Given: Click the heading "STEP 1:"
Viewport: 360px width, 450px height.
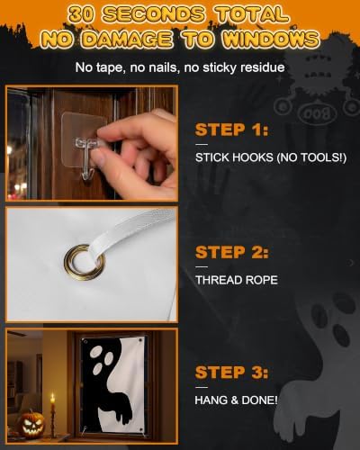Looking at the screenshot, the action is coord(231,130).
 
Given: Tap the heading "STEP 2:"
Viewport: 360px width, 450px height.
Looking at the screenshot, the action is coord(231,252).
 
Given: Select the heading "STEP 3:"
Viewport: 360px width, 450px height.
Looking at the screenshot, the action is coord(231,373).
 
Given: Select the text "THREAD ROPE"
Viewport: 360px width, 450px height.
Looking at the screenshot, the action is coord(237,280).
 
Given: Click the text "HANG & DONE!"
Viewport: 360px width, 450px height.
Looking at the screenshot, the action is coord(236,400).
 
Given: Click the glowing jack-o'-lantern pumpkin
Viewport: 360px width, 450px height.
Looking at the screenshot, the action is coord(31,424).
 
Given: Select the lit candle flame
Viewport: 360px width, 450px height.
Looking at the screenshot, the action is coord(53,398).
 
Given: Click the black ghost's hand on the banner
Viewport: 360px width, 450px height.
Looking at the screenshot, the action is coord(122,411).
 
